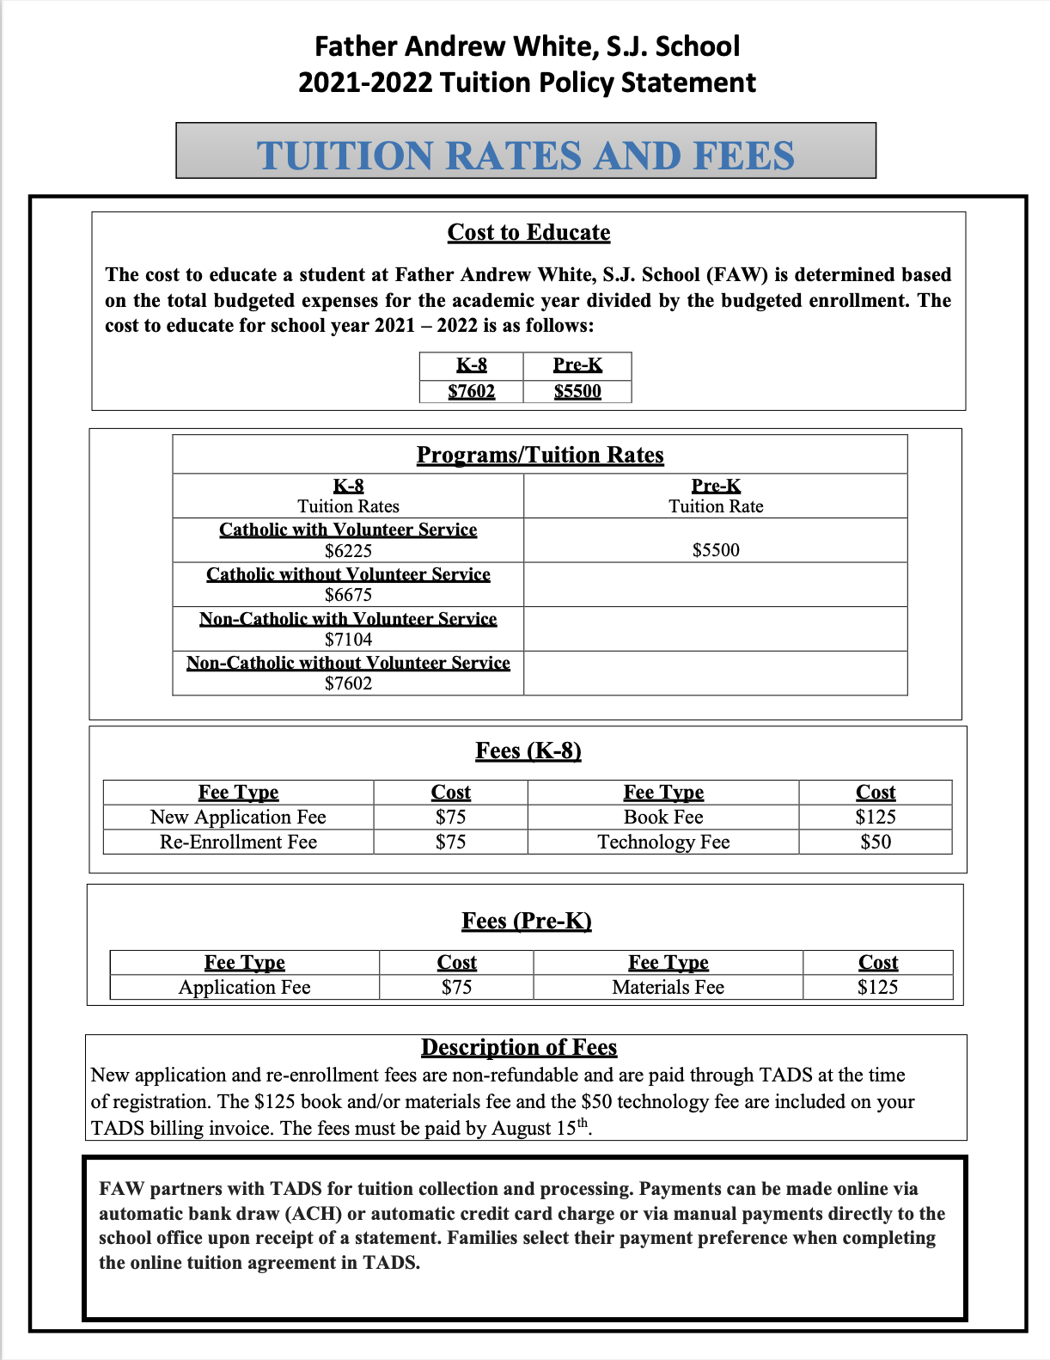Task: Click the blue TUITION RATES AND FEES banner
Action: pos(526,155)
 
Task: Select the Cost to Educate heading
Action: pos(528,232)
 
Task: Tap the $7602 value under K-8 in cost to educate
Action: pos(472,391)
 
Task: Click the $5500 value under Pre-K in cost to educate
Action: pos(577,391)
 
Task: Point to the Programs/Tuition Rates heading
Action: pos(540,455)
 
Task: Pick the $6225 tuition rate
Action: pos(348,550)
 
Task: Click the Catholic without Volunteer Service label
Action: pos(348,574)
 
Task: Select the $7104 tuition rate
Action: pos(348,640)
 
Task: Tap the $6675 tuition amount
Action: pos(348,595)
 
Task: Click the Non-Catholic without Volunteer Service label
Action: pos(348,663)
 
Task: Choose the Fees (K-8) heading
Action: pos(528,750)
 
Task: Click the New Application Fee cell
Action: pos(238,817)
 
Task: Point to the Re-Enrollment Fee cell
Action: pos(238,842)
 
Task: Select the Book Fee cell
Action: pos(663,817)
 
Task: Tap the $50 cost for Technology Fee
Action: pos(876,842)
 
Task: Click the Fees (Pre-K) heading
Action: pos(527,921)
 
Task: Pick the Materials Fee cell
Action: pos(668,987)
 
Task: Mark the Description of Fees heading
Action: pos(519,1047)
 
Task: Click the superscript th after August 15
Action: pos(583,1122)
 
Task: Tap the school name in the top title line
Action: pos(527,46)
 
